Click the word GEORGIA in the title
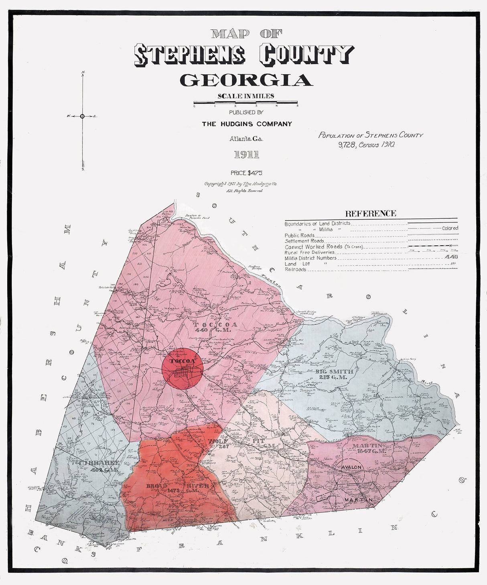pyautogui.click(x=246, y=80)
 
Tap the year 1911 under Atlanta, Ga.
pyautogui.click(x=246, y=155)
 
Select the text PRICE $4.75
pyautogui.click(x=246, y=173)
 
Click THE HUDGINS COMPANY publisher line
pyautogui.click(x=247, y=124)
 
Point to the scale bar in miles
pyautogui.click(x=246, y=103)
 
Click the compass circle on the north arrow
pyautogui.click(x=82, y=116)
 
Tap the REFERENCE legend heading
pyautogui.click(x=371, y=214)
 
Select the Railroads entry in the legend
pyautogui.click(x=296, y=269)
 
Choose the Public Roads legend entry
pyautogui.click(x=300, y=235)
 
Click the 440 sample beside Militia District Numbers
pyautogui.click(x=451, y=257)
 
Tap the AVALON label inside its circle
pyautogui.click(x=352, y=467)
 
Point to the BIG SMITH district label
pyautogui.click(x=334, y=371)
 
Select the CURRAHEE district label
pyautogui.click(x=99, y=463)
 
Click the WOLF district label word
pyautogui.click(x=218, y=441)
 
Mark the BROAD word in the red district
pyautogui.click(x=156, y=486)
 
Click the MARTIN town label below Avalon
pyautogui.click(x=358, y=500)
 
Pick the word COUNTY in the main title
pyautogui.click(x=306, y=55)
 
